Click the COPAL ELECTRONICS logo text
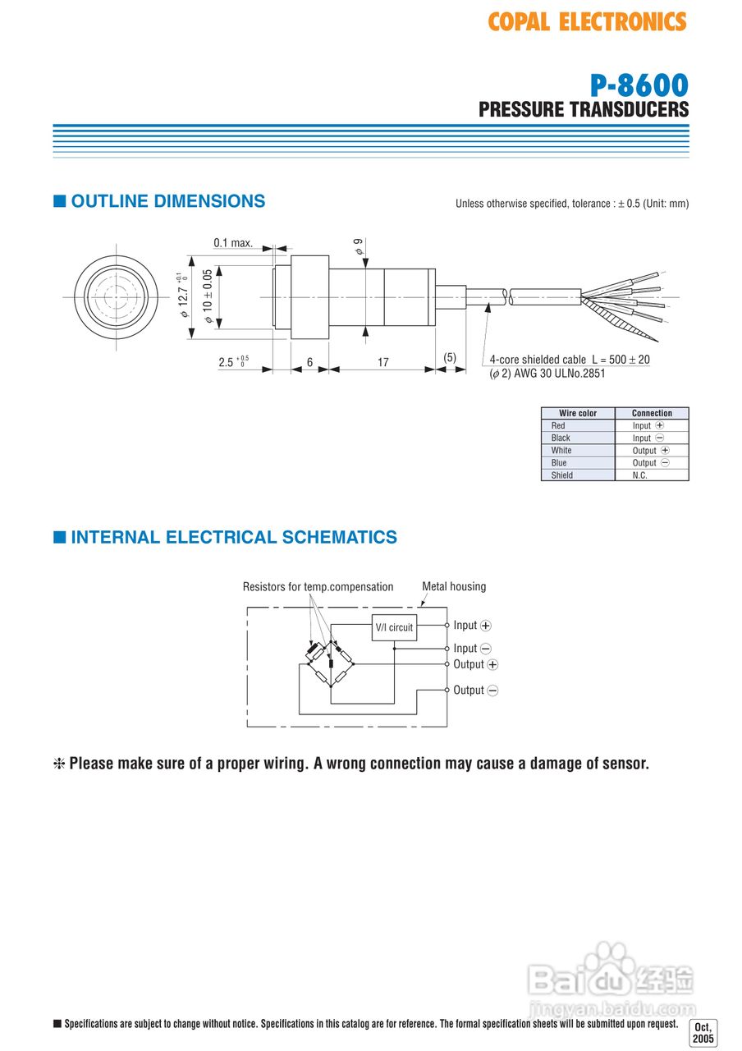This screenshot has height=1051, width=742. [x=587, y=22]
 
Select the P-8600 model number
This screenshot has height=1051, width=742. [x=639, y=85]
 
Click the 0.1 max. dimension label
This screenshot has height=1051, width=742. [x=233, y=243]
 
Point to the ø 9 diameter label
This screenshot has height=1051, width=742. [x=359, y=246]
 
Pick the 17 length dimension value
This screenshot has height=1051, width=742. [x=382, y=362]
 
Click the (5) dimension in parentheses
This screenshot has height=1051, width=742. [x=449, y=357]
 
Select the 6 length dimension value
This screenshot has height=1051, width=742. [x=309, y=362]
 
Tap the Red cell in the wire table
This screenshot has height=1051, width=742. [x=558, y=425]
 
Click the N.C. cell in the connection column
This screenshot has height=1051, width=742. [x=639, y=475]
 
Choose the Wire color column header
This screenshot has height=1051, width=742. [x=578, y=413]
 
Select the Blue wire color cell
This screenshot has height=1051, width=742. [x=559, y=462]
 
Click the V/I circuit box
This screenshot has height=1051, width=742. [x=394, y=627]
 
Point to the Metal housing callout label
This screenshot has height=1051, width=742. [x=454, y=586]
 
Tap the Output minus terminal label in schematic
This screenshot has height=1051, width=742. [x=475, y=691]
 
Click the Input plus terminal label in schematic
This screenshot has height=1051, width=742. [x=472, y=626]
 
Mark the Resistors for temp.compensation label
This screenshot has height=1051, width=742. [x=318, y=586]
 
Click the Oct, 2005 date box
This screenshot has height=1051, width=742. [x=703, y=1033]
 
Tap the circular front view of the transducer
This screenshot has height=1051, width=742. [x=117, y=297]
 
